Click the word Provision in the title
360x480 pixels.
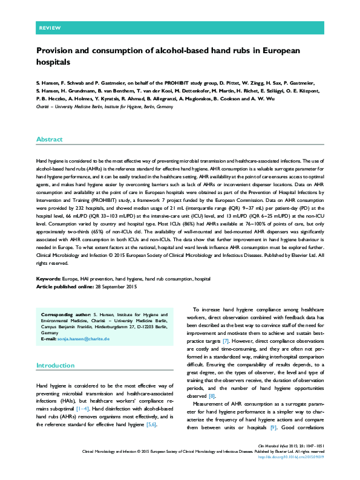point(54,51)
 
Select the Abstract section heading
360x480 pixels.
point(49,139)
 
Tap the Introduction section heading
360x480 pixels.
point(56,365)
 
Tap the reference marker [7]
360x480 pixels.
point(226,342)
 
